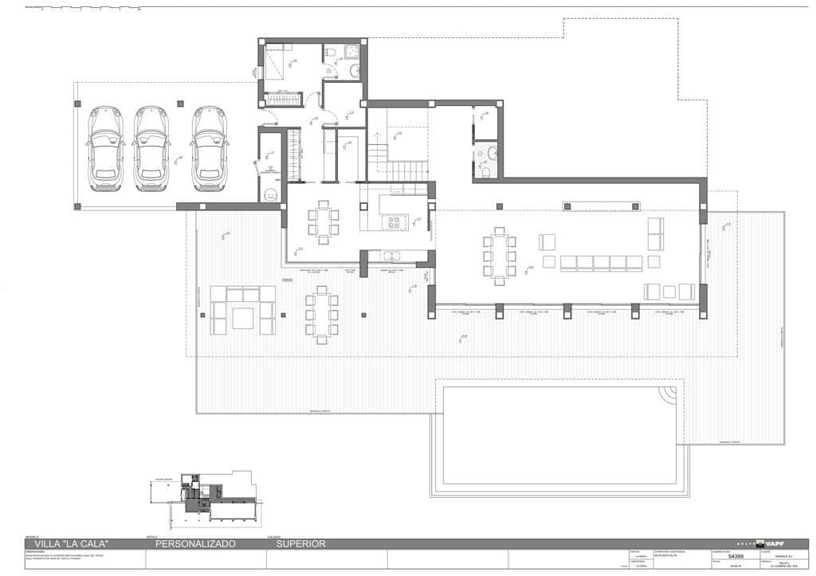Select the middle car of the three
point(151,149)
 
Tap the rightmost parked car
point(209,149)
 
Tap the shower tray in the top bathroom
point(351,52)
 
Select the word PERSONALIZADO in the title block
point(195,544)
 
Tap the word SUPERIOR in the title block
point(300,544)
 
